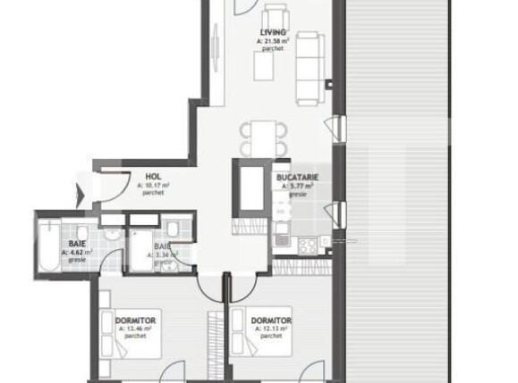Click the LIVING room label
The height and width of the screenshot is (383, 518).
(274, 32)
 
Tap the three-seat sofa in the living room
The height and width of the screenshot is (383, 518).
(310, 68)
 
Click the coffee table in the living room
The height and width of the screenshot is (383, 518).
(271, 71)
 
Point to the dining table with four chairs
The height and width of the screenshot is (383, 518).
(264, 137)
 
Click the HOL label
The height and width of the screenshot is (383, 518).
(153, 177)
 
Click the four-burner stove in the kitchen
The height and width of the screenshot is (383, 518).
(309, 242)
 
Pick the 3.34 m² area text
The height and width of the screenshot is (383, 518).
(165, 254)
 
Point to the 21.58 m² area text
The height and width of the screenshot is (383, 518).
(274, 41)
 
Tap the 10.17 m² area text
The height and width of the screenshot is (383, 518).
(157, 185)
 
